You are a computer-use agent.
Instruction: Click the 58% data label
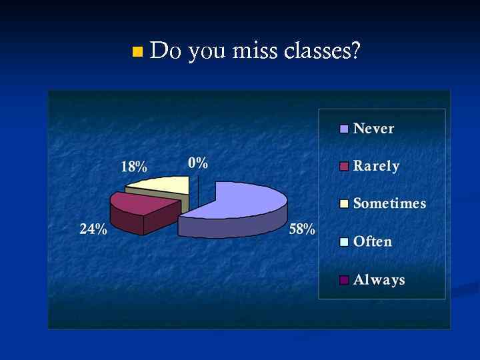point(302,230)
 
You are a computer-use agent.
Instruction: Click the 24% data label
point(93,229)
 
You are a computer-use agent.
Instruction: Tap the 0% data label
point(198,163)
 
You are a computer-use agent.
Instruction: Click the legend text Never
point(373,129)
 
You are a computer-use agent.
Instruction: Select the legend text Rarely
point(376,167)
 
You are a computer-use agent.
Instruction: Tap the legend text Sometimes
point(389,204)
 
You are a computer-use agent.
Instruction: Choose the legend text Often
point(372,241)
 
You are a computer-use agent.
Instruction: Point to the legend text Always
point(379,279)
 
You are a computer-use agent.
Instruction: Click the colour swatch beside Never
point(344,129)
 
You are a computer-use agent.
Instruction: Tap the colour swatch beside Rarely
point(344,167)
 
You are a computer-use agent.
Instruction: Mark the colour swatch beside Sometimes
point(344,204)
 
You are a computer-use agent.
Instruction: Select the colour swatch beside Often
point(344,242)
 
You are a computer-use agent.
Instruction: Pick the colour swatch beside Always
point(344,280)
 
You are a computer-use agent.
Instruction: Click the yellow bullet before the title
point(137,51)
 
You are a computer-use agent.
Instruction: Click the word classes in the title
point(323,51)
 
